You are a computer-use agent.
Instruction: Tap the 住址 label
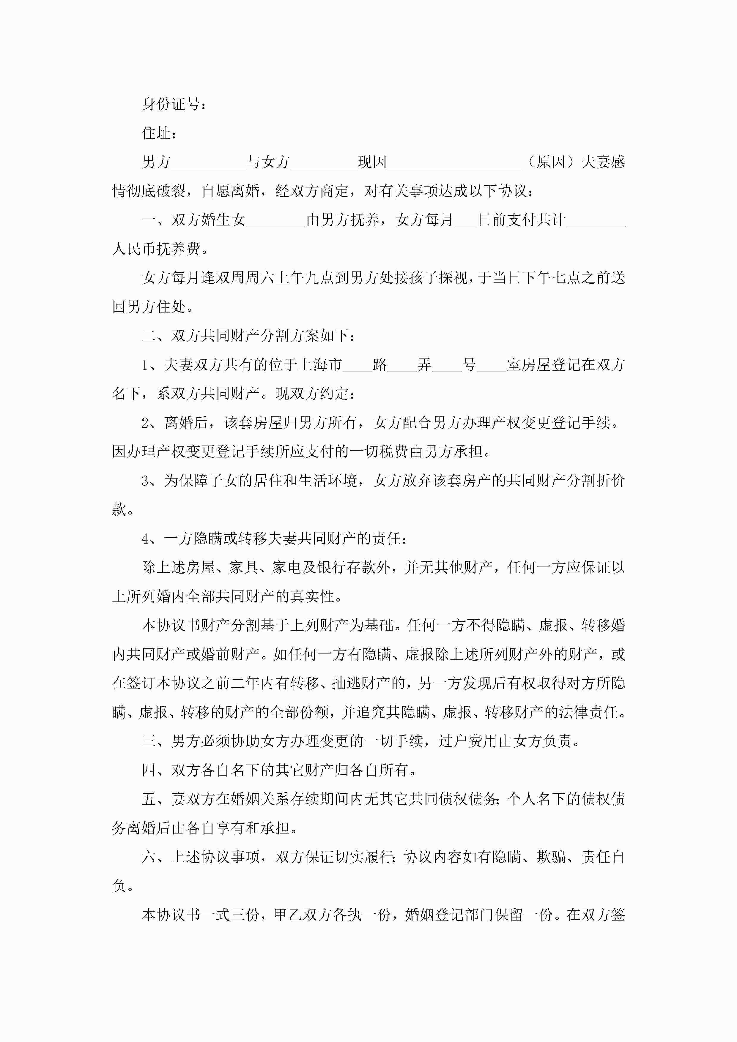[156, 133]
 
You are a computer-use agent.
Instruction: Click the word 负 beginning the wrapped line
[119, 885]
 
